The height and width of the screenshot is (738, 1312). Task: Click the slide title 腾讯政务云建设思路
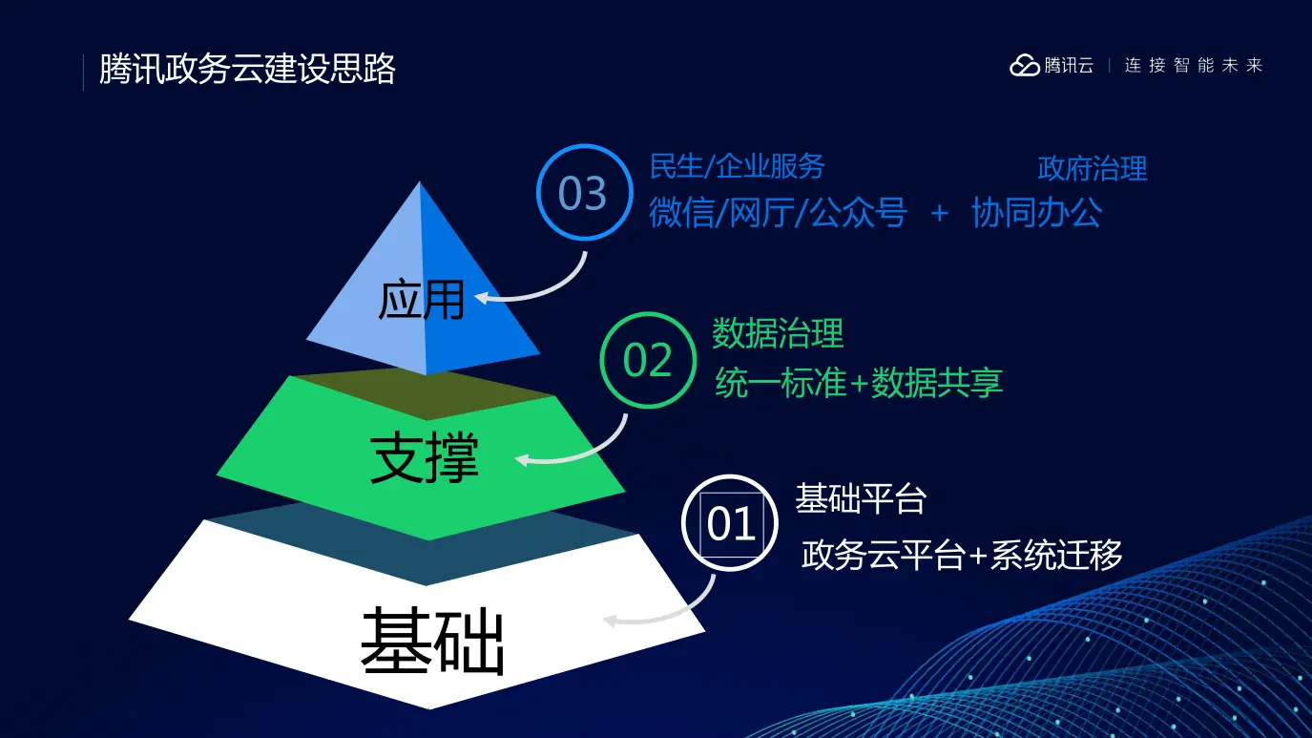247,70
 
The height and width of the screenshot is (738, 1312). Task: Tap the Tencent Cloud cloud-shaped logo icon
1025,65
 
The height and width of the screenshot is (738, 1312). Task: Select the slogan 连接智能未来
1193,65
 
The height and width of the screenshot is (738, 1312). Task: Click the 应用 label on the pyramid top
422,300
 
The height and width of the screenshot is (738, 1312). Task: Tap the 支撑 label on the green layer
425,458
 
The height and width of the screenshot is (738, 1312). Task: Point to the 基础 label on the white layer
432,641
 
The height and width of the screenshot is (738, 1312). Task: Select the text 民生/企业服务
738,166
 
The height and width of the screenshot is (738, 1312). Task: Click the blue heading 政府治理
1093,169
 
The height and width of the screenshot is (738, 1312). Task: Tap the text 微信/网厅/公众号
779,212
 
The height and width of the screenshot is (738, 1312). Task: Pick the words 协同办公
1036,212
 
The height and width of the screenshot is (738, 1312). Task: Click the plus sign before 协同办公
940,213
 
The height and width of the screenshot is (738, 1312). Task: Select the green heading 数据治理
778,333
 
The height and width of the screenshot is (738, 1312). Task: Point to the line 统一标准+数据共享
859,383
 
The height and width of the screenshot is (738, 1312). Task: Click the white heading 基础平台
861,499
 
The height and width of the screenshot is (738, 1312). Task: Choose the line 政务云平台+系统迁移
962,555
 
